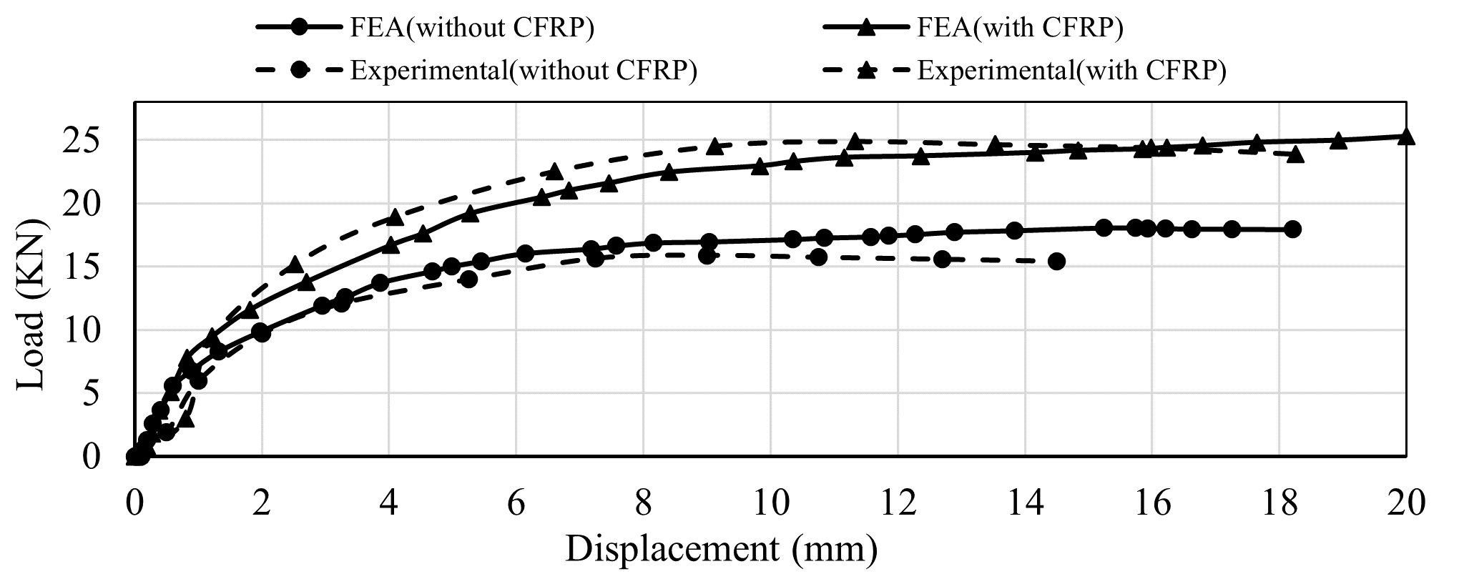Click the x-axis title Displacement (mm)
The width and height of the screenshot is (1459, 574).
pyautogui.click(x=721, y=550)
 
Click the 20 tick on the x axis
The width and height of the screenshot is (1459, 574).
pyautogui.click(x=1404, y=504)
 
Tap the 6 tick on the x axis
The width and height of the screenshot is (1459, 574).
pyautogui.click(x=516, y=504)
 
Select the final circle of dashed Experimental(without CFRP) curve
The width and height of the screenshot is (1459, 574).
pyautogui.click(x=1056, y=262)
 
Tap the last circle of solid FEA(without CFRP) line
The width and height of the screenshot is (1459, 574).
pyautogui.click(x=1292, y=229)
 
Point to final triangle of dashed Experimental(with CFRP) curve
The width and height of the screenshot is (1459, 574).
pyautogui.click(x=1295, y=154)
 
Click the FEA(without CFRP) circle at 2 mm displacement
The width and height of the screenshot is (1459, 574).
pyautogui.click(x=262, y=332)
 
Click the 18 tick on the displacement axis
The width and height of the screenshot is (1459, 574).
pyautogui.click(x=1277, y=504)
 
